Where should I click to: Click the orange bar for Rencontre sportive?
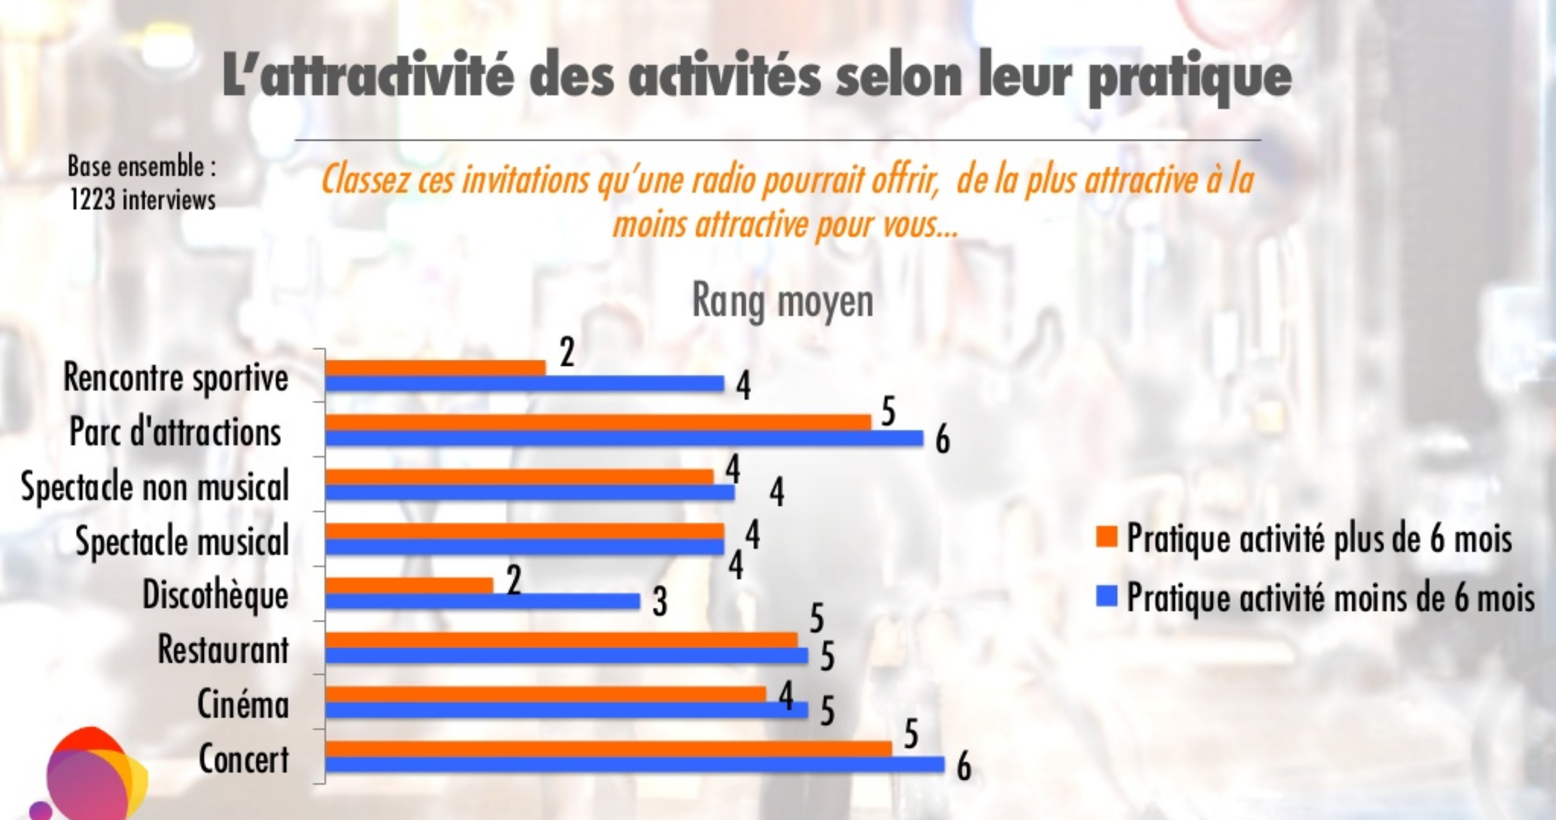click(x=435, y=368)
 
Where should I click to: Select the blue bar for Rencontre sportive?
click(x=524, y=384)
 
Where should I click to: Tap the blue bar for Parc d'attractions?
click(x=624, y=438)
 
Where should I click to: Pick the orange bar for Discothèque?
click(x=409, y=586)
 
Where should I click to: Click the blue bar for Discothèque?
click(x=482, y=601)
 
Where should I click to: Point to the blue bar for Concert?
click(x=634, y=765)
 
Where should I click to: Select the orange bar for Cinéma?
click(x=545, y=694)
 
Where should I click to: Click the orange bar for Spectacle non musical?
click(x=519, y=477)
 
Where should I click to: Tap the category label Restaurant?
click(x=223, y=650)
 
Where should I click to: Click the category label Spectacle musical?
click(x=182, y=541)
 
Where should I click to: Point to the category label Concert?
click(x=244, y=759)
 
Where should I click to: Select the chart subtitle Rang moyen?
click(x=782, y=301)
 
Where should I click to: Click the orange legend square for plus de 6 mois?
click(x=1106, y=537)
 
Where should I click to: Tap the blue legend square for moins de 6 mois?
click(x=1106, y=597)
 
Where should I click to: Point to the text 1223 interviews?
click(x=142, y=200)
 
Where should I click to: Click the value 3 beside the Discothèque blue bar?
click(x=660, y=603)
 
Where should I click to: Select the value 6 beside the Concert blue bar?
click(x=963, y=767)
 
